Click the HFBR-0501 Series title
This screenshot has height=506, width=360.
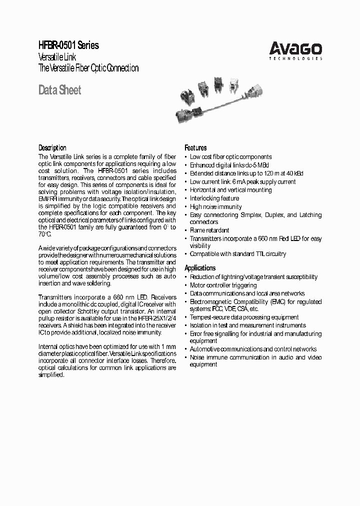tap(69, 45)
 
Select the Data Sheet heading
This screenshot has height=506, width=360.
tap(59, 90)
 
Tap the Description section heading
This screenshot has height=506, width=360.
tap(52, 148)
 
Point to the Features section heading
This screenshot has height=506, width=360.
tap(195, 148)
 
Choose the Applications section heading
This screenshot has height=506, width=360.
tap(200, 268)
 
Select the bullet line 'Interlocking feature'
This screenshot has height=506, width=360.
tap(214, 198)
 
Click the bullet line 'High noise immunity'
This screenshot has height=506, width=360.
tap(215, 207)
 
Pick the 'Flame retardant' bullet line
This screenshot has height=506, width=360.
tap(209, 230)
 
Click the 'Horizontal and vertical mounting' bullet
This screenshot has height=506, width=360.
tap(230, 190)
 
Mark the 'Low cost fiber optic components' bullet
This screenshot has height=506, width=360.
tap(230, 157)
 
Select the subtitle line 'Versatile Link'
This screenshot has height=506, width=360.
tap(58, 57)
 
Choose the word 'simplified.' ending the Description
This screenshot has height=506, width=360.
tap(51, 375)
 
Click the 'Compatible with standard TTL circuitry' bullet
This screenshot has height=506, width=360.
tap(238, 254)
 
